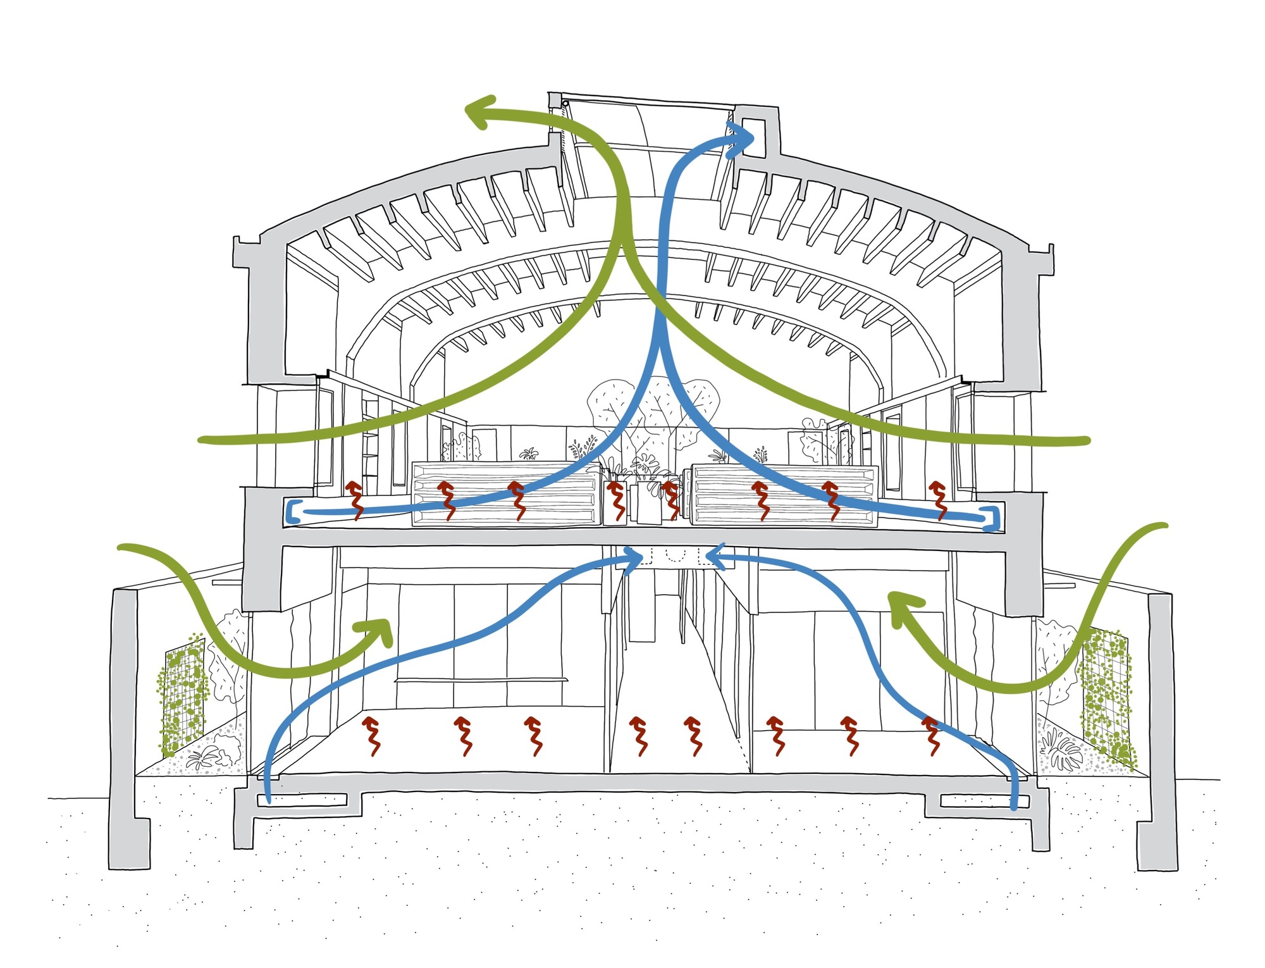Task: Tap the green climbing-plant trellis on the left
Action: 183,696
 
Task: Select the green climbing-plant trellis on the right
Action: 1107,696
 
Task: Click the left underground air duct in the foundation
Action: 302,800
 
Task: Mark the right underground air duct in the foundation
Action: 984,802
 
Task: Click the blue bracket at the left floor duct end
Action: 292,511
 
